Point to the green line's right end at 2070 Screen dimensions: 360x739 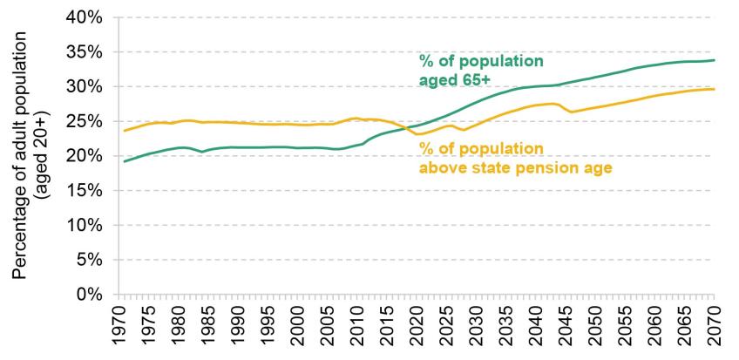pos(715,60)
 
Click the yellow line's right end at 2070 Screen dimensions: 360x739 pos(715,89)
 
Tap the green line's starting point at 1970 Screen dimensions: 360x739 pos(124,161)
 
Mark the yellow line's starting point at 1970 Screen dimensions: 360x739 pos(124,131)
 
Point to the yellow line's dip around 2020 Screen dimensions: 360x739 pos(420,133)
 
